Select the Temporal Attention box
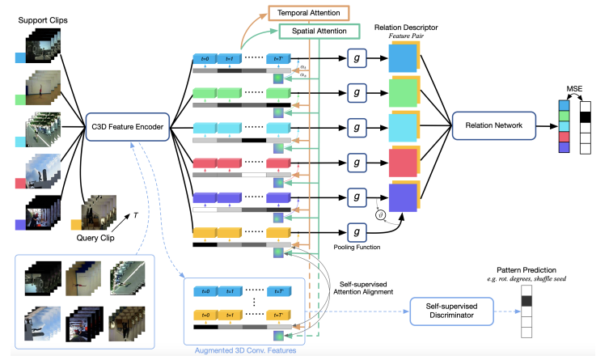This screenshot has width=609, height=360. pyautogui.click(x=297, y=13)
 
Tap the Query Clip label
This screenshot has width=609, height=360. pyautogui.click(x=96, y=238)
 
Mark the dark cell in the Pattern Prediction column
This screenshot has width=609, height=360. pyautogui.click(x=527, y=301)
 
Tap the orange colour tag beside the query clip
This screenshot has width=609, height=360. pyautogui.click(x=76, y=224)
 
